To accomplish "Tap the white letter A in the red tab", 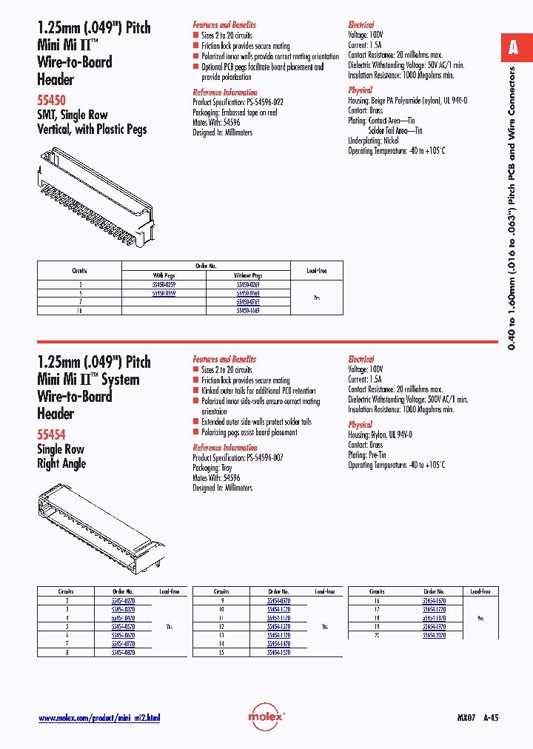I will [513, 49].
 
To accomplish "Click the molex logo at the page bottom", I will [266, 716].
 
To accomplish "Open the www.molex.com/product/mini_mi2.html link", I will [98, 718].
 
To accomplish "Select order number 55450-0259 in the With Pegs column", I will [164, 284].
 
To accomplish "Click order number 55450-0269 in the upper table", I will [247, 284].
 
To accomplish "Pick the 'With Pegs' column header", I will [164, 275].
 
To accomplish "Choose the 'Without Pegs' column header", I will [247, 275].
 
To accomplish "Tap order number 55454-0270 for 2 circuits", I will [123, 601].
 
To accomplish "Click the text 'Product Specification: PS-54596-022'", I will [238, 102].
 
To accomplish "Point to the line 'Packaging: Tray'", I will [215, 468].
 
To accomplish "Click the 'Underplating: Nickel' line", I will [373, 141].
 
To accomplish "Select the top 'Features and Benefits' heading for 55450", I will [224, 24].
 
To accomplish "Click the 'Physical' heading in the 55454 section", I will [361, 425].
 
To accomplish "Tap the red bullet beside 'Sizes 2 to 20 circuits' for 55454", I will [196, 370].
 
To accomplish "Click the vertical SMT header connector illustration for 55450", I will [96, 194].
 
